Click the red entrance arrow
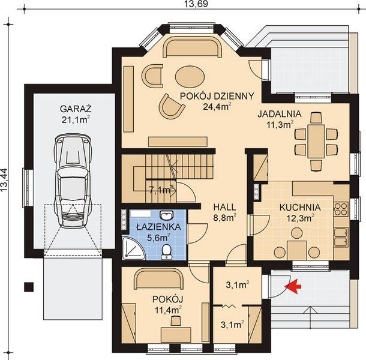(293, 286)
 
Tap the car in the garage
(73, 181)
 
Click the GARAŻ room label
(76, 109)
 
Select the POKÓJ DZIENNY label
(217, 96)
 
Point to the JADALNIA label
(280, 114)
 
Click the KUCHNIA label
(300, 208)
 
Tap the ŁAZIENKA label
(158, 227)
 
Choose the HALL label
(224, 207)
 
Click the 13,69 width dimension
(193, 4)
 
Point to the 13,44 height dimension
(4, 180)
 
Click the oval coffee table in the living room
(190, 76)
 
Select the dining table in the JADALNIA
(316, 142)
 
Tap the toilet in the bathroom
(166, 251)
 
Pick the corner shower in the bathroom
(133, 248)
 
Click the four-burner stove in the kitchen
(341, 209)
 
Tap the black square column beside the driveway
(29, 287)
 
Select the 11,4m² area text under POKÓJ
(168, 310)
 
